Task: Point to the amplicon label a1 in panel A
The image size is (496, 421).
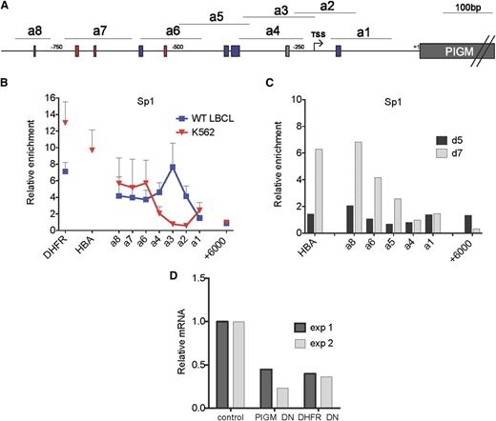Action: pos(364,30)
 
